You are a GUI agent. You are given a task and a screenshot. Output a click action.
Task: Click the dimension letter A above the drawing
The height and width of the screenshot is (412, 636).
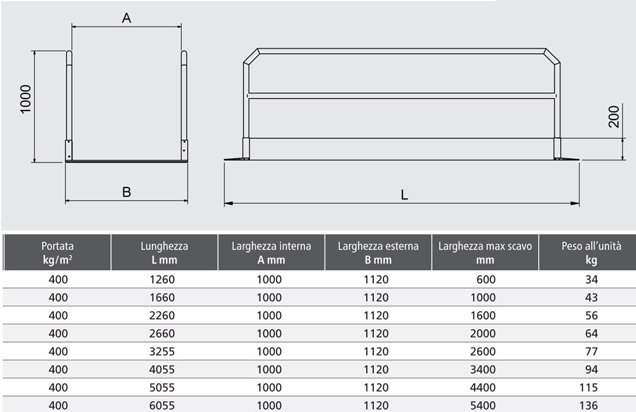[x=127, y=18]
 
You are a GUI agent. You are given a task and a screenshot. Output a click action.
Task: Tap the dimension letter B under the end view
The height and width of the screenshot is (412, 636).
[x=127, y=192]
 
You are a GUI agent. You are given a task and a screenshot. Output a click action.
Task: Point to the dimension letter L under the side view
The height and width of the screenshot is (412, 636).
[x=404, y=195]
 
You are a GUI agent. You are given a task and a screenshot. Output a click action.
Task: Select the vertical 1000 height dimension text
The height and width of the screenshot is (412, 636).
[x=25, y=99]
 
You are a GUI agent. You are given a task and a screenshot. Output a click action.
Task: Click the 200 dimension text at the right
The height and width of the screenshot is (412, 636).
[x=614, y=117]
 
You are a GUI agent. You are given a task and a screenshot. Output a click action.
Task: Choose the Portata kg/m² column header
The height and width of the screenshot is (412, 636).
[x=58, y=252]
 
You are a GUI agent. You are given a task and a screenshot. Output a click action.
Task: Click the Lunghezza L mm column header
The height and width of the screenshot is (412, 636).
[x=164, y=252]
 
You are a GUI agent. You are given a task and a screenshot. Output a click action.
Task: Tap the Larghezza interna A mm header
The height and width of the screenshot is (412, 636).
[x=272, y=252]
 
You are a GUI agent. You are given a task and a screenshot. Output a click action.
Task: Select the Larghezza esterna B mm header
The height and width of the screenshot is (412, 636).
[x=378, y=252]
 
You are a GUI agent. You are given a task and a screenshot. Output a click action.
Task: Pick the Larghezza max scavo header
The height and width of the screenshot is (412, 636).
[x=485, y=252]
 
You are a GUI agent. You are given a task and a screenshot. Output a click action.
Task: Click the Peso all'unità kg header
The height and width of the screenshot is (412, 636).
[x=591, y=252]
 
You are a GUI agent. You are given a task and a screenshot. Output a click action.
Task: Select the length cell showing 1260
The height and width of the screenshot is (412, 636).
[x=162, y=279]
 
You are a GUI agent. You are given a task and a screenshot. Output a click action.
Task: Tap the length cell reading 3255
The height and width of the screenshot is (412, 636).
[x=162, y=351]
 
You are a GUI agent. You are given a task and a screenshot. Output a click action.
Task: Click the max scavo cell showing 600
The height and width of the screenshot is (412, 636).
[x=486, y=279]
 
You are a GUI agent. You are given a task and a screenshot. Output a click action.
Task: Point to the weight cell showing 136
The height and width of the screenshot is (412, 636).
[x=588, y=406]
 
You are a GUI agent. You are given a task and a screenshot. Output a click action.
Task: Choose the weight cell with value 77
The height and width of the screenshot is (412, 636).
[x=591, y=351]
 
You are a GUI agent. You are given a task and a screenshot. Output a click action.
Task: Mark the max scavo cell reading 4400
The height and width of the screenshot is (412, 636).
[x=483, y=387]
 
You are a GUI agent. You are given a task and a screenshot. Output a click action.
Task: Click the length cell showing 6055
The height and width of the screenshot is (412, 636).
[x=162, y=406]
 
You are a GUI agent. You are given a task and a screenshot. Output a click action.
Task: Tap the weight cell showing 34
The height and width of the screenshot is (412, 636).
[x=591, y=279]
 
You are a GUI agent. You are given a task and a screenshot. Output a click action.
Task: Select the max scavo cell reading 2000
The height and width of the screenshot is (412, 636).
[x=483, y=333]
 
